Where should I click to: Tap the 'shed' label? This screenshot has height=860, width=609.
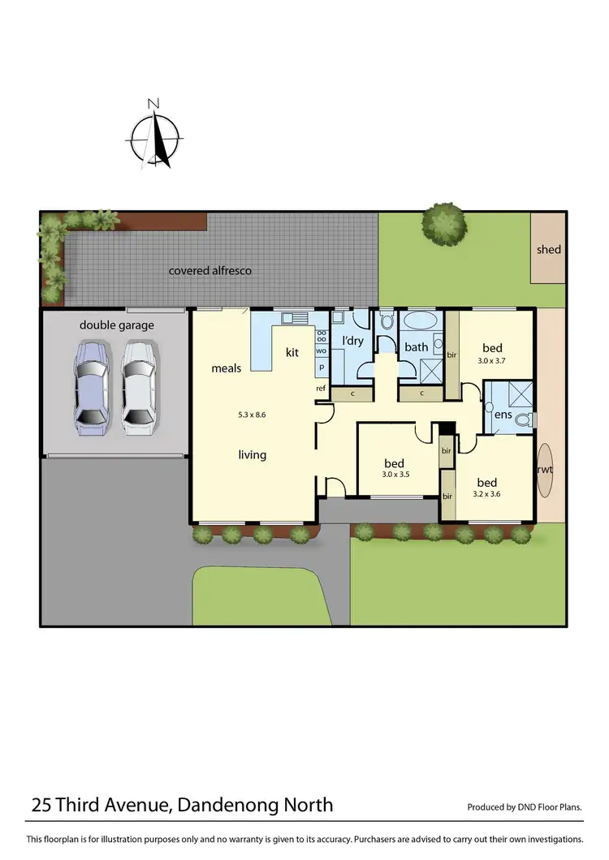point(548,250)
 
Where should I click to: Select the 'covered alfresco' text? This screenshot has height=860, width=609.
point(209,270)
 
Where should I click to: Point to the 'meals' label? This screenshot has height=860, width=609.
point(227,368)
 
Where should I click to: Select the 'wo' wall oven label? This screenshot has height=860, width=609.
point(321,350)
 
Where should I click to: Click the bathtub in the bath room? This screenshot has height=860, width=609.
point(421,321)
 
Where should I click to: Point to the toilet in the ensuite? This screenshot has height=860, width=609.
point(529,419)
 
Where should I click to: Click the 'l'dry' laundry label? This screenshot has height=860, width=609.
point(353,342)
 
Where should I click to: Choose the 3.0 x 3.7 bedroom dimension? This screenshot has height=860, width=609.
point(492,360)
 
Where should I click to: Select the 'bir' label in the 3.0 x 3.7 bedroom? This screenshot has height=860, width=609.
point(451,355)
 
